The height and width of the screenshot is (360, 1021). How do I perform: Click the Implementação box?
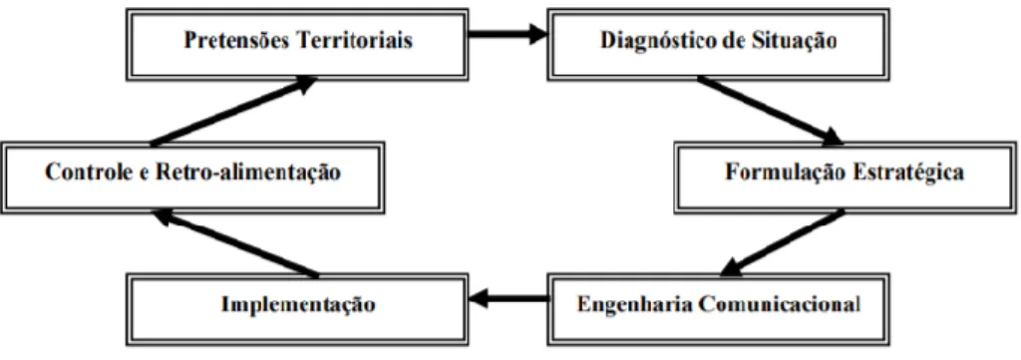click(x=297, y=306)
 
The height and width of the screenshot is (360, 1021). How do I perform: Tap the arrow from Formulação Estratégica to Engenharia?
click(x=784, y=241)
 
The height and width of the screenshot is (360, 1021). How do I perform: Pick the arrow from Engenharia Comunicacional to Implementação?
click(x=508, y=299)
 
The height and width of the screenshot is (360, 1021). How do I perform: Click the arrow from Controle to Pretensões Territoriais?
click(x=233, y=110)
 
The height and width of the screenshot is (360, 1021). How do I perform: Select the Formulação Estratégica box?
click(x=845, y=176)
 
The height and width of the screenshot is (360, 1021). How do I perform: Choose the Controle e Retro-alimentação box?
click(x=192, y=177)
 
